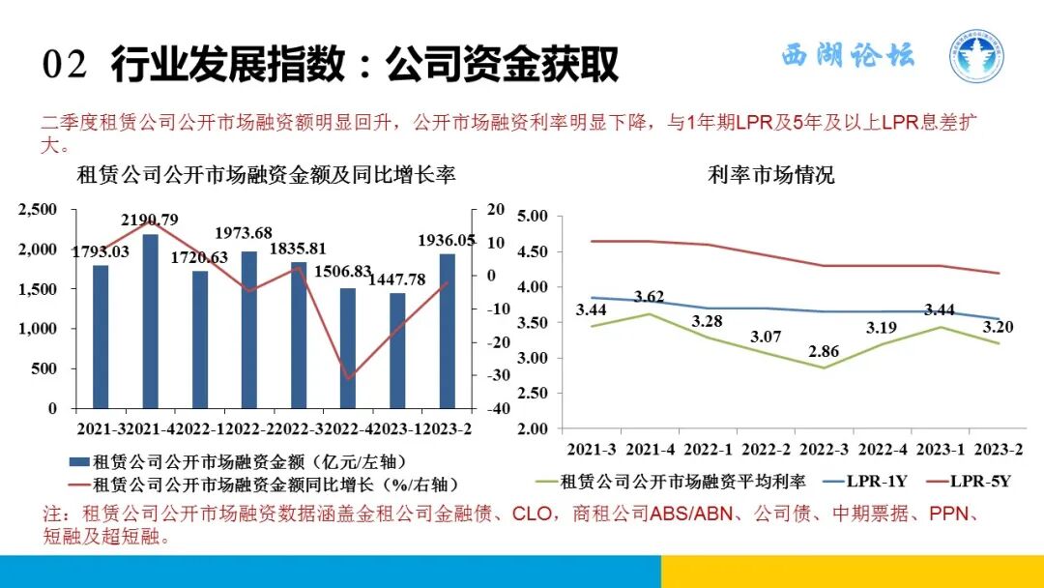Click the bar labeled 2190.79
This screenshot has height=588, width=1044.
pos(151,320)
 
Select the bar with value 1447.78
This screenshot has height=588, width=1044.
pos(397,349)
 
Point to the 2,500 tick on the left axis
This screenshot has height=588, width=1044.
pos(40,210)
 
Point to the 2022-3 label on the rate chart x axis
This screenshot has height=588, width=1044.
pos(825,450)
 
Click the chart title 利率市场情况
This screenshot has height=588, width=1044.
pos(771,176)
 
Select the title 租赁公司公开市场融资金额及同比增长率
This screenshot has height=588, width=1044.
pos(266,176)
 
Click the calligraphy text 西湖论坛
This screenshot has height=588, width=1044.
pos(848,55)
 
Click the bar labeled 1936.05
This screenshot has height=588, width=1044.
pos(447,330)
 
